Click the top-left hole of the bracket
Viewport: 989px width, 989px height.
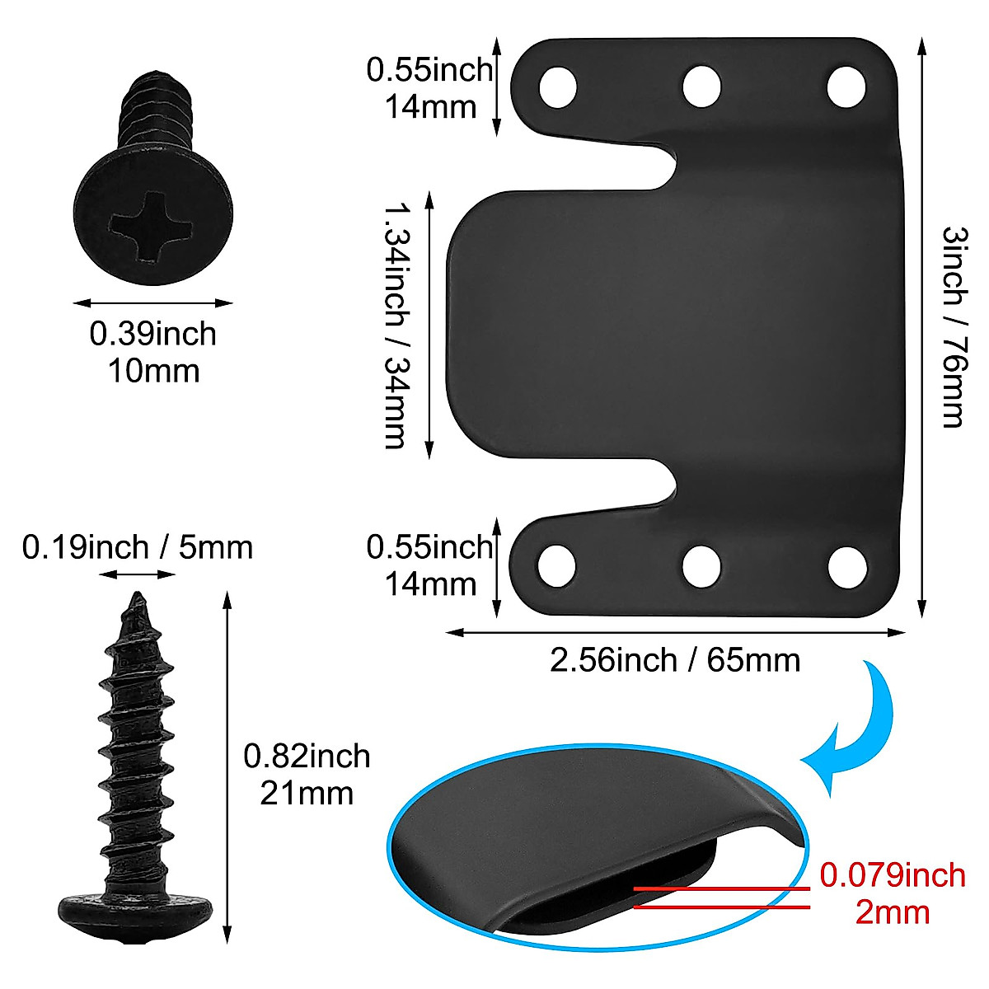[x=558, y=86]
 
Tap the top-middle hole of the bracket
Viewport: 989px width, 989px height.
[x=702, y=86]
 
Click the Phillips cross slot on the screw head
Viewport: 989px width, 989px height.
[x=154, y=224]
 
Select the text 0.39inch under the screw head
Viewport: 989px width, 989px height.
[x=153, y=335]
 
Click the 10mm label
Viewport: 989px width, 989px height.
[x=153, y=371]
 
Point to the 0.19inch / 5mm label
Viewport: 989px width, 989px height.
[x=138, y=547]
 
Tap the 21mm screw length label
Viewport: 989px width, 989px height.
[x=307, y=793]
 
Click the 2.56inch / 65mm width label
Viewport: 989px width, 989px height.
[x=675, y=660]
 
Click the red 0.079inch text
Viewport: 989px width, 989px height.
[x=893, y=875]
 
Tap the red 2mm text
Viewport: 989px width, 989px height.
[x=893, y=912]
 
